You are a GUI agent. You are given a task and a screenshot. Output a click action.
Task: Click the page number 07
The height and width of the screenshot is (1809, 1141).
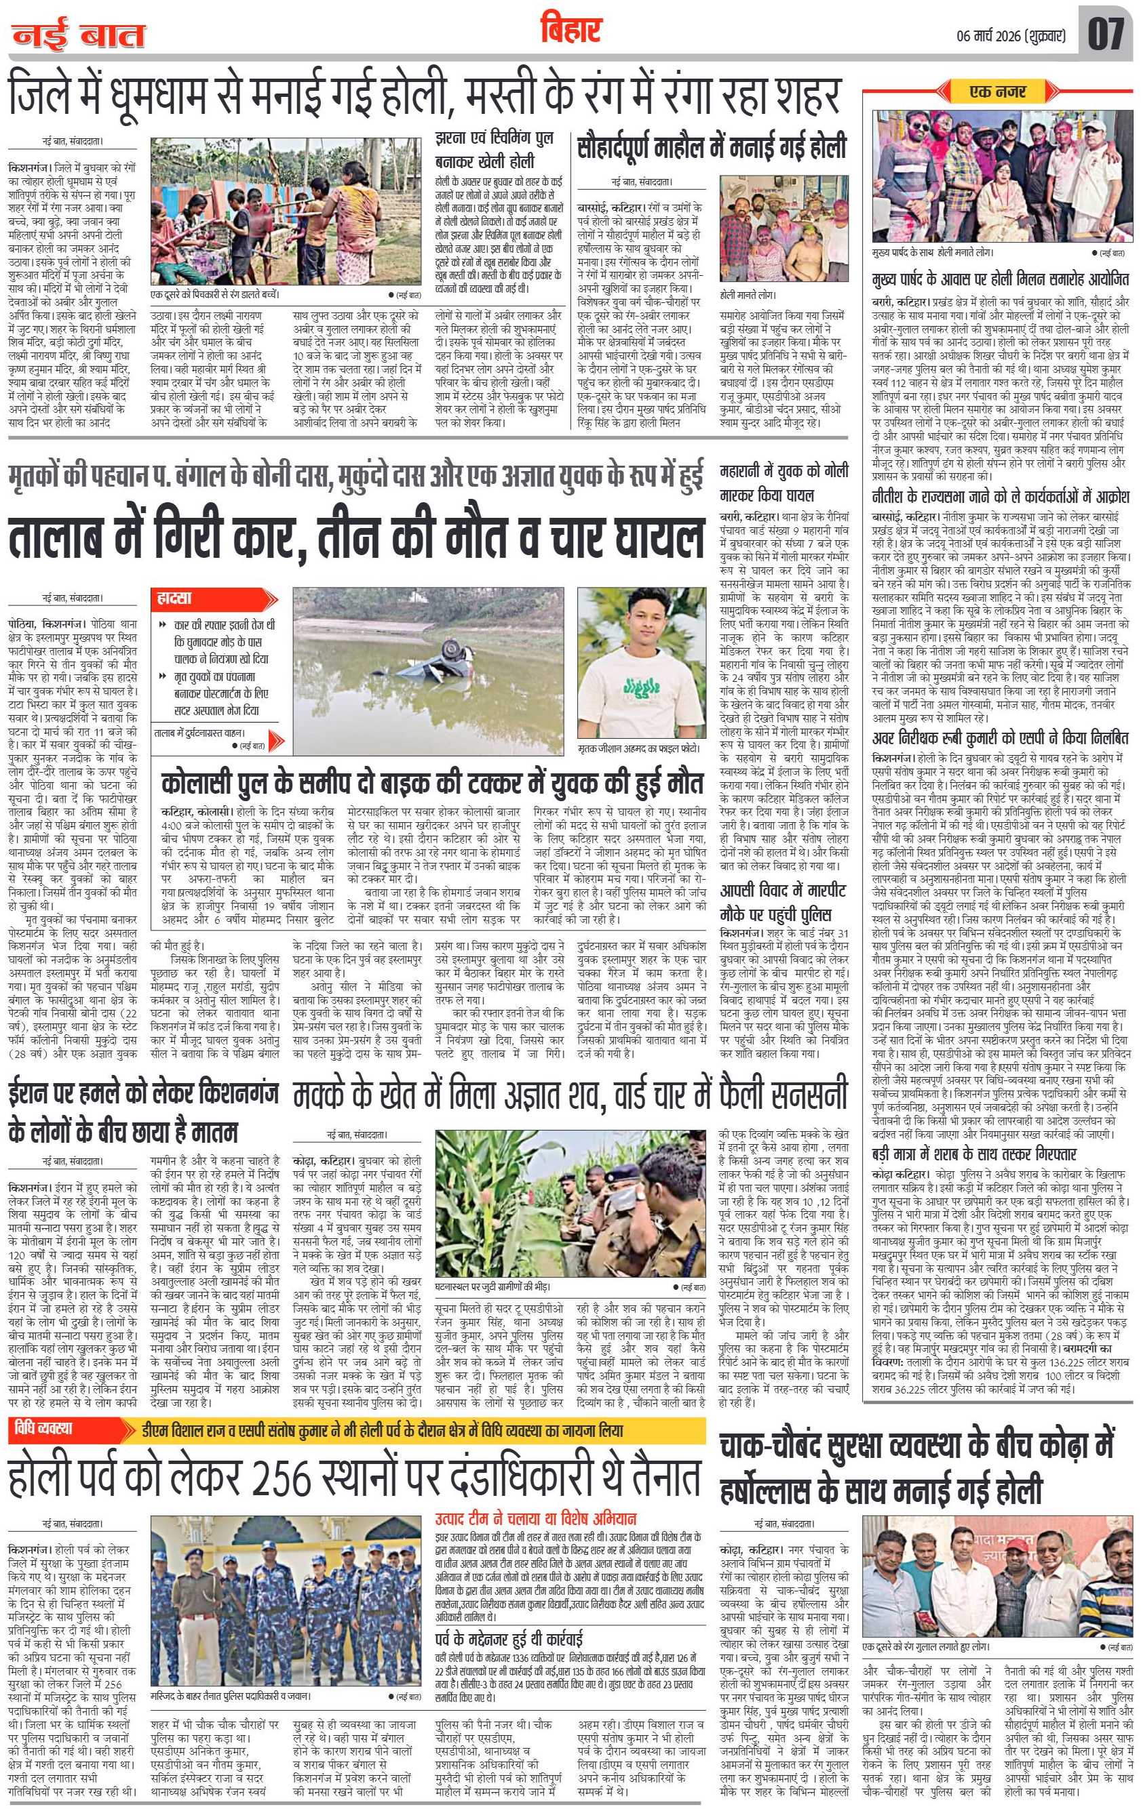pos(1106,33)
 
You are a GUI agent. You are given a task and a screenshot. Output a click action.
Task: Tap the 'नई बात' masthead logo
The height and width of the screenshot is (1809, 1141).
pos(78,35)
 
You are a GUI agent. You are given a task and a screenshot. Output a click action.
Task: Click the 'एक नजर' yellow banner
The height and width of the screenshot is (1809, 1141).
pos(997,92)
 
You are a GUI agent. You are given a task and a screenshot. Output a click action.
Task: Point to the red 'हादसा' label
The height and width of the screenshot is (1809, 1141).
pos(175,598)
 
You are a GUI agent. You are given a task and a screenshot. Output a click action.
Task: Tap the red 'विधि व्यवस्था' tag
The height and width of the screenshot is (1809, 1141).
pos(54,1427)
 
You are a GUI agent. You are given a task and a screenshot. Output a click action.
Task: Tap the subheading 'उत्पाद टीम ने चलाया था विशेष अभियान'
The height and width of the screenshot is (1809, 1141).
pos(536,1511)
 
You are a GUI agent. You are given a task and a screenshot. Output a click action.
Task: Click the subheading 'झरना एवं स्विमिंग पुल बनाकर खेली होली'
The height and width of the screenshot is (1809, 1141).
pos(494,148)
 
